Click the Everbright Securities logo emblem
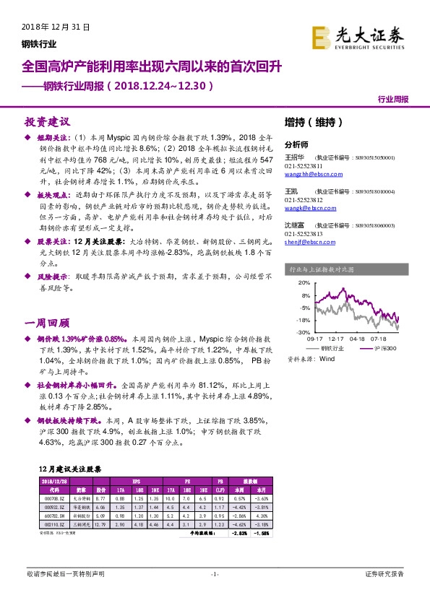tap(322, 35)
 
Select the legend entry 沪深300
tap(384, 347)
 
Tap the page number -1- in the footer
tap(214, 574)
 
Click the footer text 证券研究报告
tap(384, 574)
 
